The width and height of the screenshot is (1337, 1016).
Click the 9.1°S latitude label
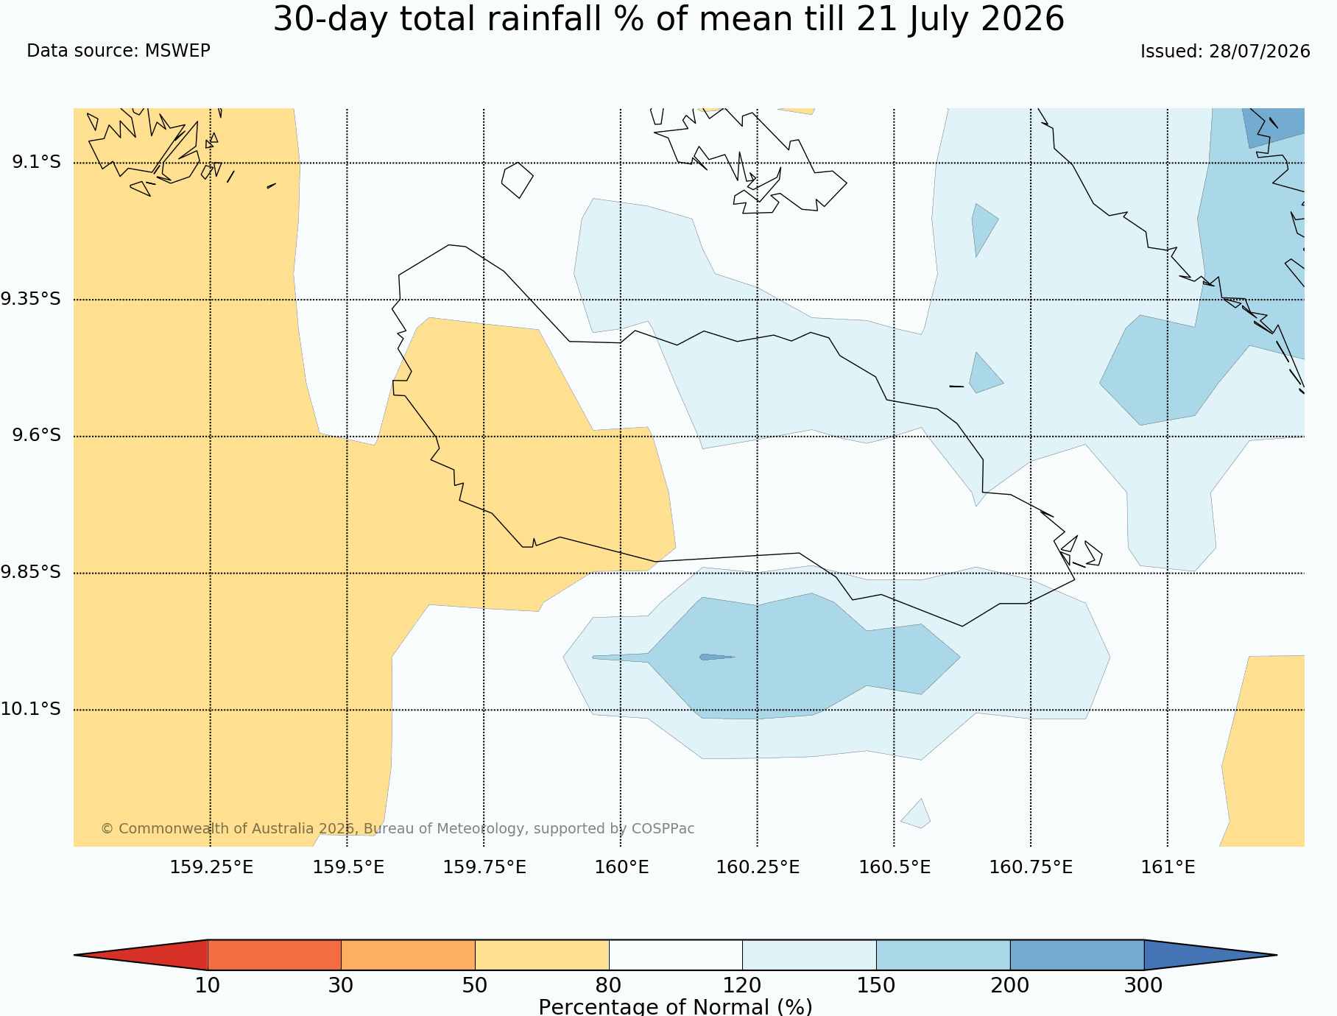pyautogui.click(x=36, y=162)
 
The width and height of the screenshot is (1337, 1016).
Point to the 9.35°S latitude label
pyautogui.click(x=31, y=299)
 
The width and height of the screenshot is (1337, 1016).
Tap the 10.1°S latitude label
pyautogui.click(x=31, y=709)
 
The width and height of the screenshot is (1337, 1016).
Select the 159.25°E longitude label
pyautogui.click(x=211, y=867)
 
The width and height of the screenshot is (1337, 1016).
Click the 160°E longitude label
pyautogui.click(x=621, y=867)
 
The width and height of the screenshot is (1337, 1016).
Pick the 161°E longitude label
pyautogui.click(x=1168, y=867)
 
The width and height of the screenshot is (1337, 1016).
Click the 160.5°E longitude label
pyautogui.click(x=895, y=867)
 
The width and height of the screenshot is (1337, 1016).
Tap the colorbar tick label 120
pyautogui.click(x=742, y=985)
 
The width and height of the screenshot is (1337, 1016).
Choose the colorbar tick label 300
pyautogui.click(x=1143, y=985)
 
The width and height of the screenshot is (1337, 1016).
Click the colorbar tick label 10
pyautogui.click(x=208, y=985)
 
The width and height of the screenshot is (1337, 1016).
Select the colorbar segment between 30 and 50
pyautogui.click(x=408, y=955)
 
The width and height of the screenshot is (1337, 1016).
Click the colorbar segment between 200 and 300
pyautogui.click(x=1077, y=955)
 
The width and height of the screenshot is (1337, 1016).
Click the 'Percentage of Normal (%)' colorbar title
pyautogui.click(x=675, y=1006)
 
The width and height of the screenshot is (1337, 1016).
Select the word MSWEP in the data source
pyautogui.click(x=177, y=51)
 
